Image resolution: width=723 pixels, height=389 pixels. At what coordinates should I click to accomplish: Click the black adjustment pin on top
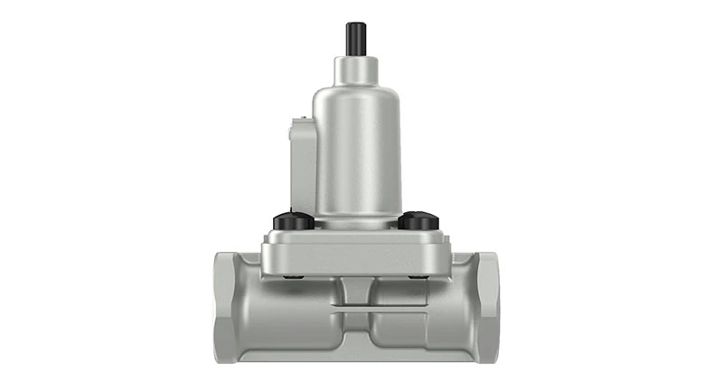[x=354, y=39]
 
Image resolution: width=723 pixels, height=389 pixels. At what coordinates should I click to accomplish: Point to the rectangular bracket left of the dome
[x=301, y=162]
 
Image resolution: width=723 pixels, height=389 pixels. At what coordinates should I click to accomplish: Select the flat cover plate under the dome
[x=356, y=252]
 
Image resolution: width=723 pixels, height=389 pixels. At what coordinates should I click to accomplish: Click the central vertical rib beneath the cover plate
[x=355, y=289]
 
